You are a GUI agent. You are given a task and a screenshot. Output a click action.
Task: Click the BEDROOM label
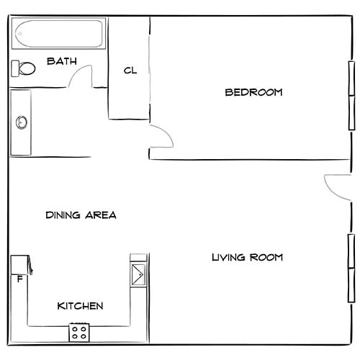pyautogui.click(x=253, y=92)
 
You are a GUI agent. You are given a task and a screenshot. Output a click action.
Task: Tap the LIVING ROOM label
pyautogui.click(x=247, y=257)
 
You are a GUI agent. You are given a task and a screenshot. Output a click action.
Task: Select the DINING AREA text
pyautogui.click(x=81, y=215)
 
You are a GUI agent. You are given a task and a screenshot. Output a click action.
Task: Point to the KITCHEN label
pyautogui.click(x=80, y=306)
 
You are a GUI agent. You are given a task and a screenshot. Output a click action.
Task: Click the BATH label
pyautogui.click(x=62, y=61)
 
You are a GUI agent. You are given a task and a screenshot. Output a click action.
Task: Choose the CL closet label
pyautogui.click(x=130, y=71)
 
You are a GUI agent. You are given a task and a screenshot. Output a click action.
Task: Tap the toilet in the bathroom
pyautogui.click(x=24, y=68)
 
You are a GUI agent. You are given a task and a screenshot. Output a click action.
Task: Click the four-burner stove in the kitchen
pyautogui.click(x=79, y=333)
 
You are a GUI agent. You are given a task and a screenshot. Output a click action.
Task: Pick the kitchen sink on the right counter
pyautogui.click(x=138, y=275)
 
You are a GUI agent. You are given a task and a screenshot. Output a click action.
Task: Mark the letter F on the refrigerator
pyautogui.click(x=19, y=279)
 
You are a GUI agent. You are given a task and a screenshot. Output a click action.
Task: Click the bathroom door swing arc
pyautogui.click(x=84, y=75)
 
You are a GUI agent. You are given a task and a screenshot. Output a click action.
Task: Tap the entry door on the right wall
pyautogui.click(x=337, y=187)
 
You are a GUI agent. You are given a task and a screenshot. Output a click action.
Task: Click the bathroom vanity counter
pyautogui.click(x=21, y=122)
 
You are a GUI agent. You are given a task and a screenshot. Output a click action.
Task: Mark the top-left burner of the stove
pyautogui.click(x=75, y=329)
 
